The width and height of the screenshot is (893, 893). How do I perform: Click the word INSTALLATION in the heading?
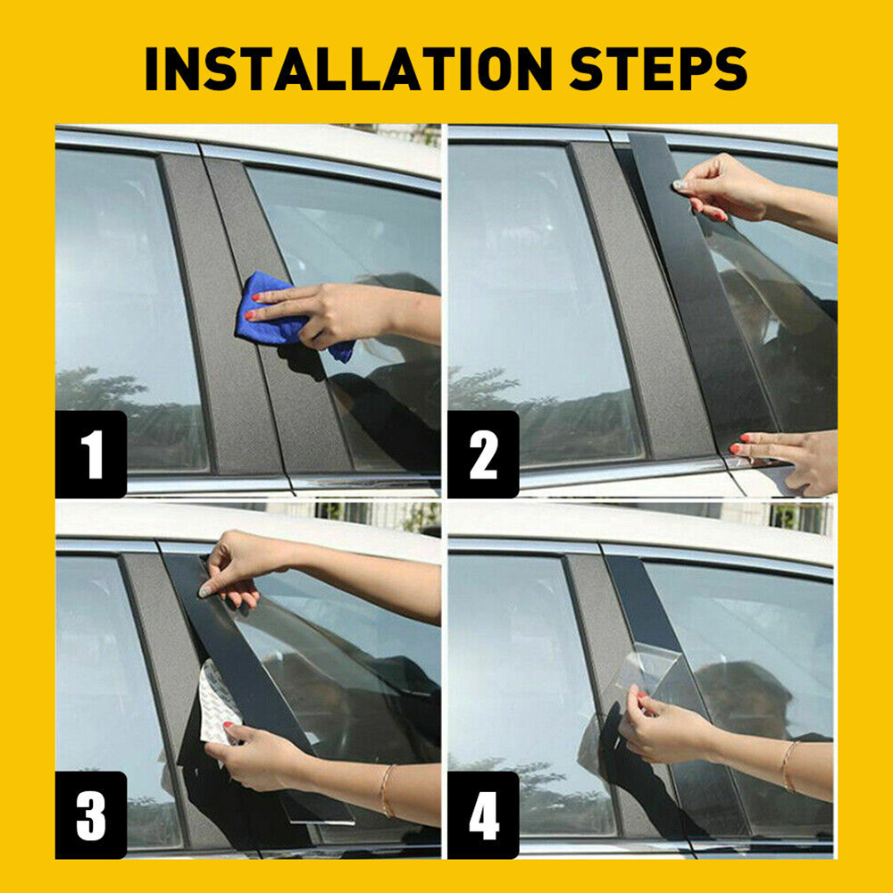click(348, 69)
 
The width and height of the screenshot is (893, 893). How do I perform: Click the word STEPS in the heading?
click(658, 69)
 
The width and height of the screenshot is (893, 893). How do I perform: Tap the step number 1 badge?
click(91, 454)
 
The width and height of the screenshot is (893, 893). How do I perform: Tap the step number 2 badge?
click(483, 454)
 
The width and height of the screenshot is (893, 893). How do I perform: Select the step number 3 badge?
click(91, 815)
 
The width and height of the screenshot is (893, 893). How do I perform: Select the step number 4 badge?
click(483, 815)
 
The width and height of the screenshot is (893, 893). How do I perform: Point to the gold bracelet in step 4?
click(789, 766)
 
